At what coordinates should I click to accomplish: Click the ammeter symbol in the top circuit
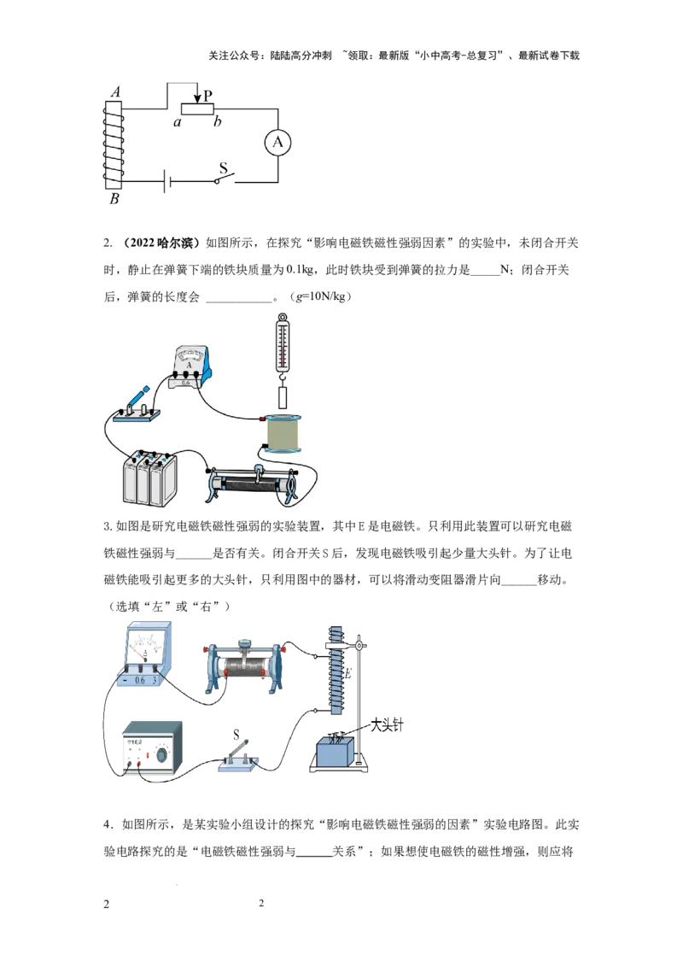coord(277,143)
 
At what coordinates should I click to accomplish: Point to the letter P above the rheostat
coord(207,96)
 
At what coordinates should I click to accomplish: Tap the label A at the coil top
coord(115,92)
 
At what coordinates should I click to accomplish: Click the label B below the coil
coord(114,198)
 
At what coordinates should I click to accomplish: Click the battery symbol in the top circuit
coord(167,181)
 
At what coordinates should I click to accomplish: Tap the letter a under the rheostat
coord(178,123)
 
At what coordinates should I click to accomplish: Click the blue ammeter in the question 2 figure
coord(190,368)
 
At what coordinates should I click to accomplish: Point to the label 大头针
coord(387,725)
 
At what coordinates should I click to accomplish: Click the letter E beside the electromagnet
coord(347,673)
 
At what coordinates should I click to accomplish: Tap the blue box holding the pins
coord(336,752)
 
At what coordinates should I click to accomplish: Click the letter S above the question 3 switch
coord(236,734)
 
